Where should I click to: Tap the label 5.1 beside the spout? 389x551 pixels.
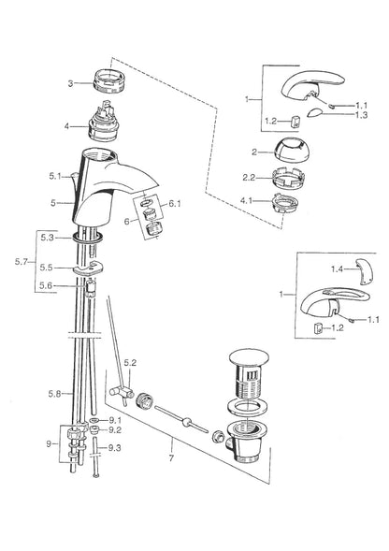pos(55,176)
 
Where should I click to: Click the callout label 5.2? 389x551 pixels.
pos(130,362)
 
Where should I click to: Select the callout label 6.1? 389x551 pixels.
pos(175,203)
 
